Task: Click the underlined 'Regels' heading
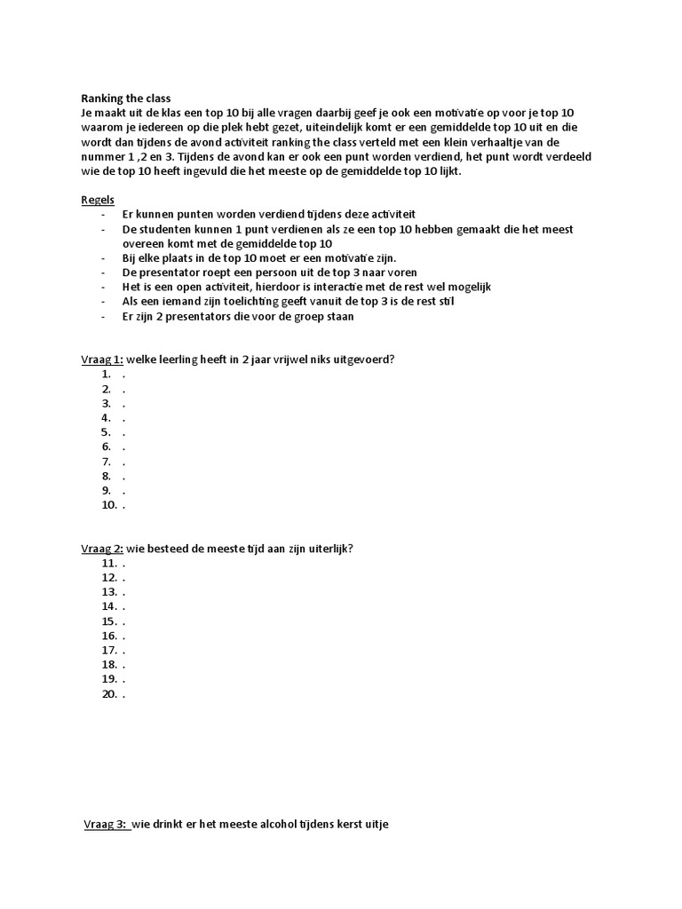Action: click(98, 200)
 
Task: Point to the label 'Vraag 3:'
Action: click(107, 825)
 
